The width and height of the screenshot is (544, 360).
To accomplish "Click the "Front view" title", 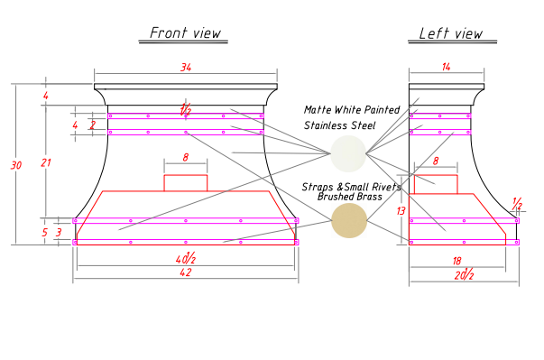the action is [185, 33].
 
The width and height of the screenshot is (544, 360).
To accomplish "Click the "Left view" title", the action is [451, 33].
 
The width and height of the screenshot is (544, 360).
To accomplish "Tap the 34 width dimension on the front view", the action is [186, 68].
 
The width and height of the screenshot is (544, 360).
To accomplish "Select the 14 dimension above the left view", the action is [447, 67].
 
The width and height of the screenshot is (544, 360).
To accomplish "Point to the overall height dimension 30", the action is [16, 165].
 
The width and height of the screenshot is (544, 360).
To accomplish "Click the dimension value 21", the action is [45, 162].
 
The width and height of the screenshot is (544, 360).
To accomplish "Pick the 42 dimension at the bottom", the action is [186, 272].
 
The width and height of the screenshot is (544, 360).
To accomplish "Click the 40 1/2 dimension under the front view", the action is [186, 258].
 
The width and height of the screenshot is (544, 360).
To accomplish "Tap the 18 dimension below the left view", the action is [456, 261].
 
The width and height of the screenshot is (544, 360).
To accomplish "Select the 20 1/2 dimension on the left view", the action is [464, 274].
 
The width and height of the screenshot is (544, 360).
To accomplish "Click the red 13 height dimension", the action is [401, 211].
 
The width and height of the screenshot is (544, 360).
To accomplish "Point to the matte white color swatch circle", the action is [348, 153].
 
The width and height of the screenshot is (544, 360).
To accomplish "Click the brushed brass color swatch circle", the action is [349, 220].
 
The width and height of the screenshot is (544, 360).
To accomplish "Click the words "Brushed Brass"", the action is [350, 197].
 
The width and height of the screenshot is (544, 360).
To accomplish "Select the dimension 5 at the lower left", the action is [45, 233].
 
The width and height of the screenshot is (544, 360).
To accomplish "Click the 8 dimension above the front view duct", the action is [186, 158].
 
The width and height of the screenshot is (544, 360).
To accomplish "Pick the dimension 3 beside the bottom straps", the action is [59, 233].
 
